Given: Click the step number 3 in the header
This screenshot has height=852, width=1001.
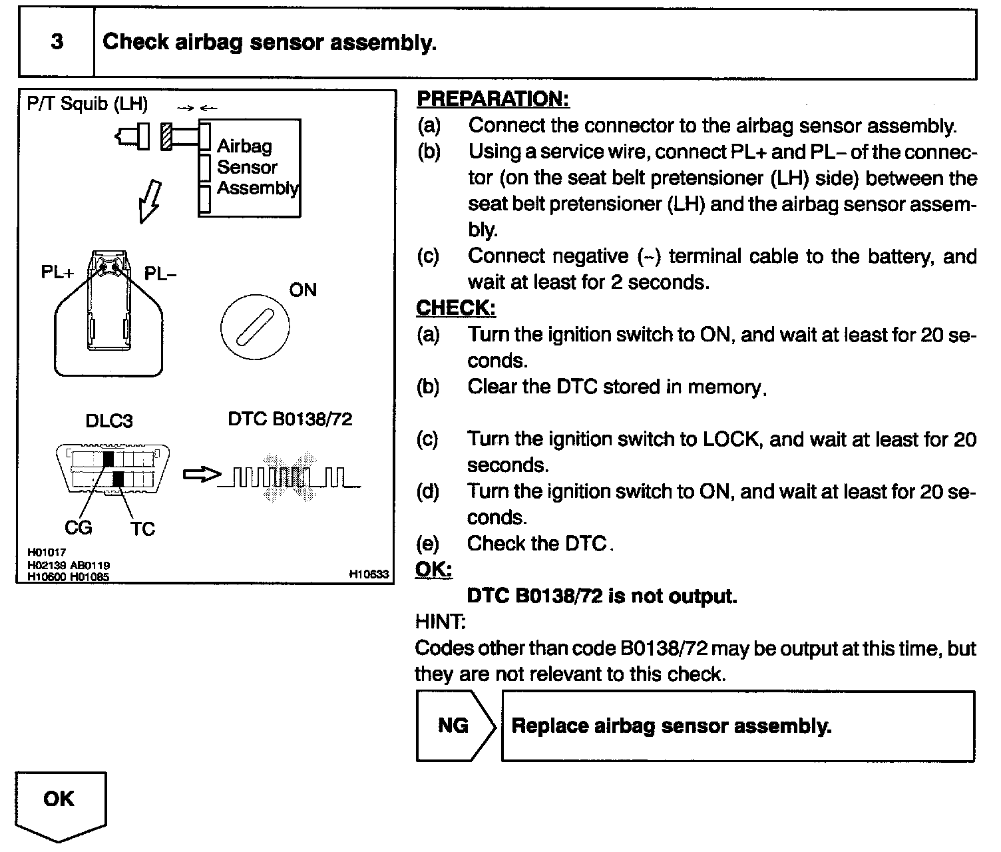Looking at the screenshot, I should click(x=57, y=42).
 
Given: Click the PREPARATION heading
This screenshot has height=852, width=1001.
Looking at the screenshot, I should click(x=493, y=99).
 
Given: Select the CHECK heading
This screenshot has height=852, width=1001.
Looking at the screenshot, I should click(x=456, y=308).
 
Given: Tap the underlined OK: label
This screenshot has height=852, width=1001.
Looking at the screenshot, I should click(x=433, y=570).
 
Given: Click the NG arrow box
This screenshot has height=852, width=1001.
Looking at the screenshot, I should click(x=455, y=726).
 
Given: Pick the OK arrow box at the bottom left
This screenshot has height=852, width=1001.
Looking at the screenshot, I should click(x=60, y=801).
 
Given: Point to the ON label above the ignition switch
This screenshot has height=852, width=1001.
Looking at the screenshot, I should click(x=303, y=290).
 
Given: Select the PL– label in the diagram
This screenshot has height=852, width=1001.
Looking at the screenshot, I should click(x=160, y=274).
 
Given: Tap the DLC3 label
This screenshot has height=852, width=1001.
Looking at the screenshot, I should click(x=109, y=421).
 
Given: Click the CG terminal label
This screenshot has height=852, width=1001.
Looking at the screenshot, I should click(x=78, y=528).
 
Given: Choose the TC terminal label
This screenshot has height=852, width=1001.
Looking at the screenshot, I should click(x=142, y=529).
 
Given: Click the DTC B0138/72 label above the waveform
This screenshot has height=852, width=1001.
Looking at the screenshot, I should click(x=290, y=419).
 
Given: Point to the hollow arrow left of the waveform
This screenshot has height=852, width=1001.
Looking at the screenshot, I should click(x=200, y=475).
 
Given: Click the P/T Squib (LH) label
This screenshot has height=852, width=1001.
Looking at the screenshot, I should click(x=87, y=105).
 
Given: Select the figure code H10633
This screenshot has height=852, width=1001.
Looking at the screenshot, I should click(x=369, y=574).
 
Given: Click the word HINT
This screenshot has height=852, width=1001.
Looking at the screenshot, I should click(x=440, y=622).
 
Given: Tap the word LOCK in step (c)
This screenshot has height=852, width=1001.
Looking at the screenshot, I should click(x=730, y=439).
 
